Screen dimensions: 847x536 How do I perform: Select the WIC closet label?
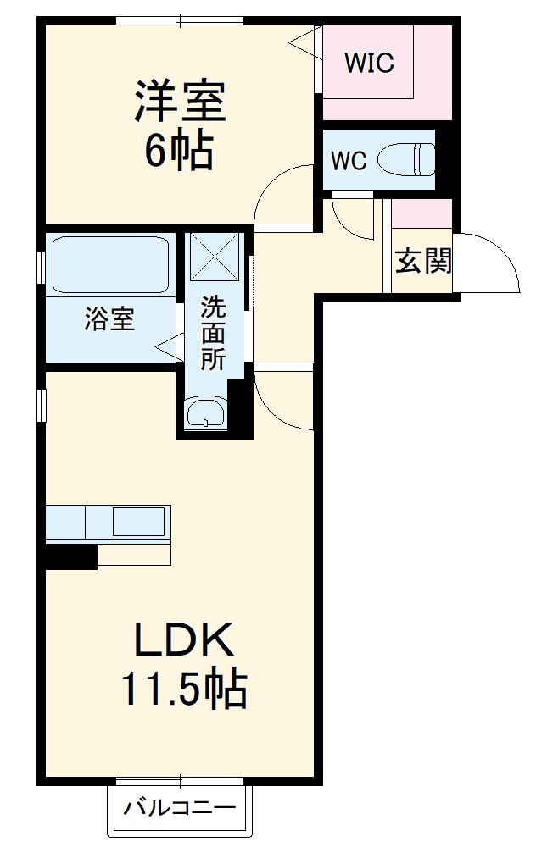point(369,64)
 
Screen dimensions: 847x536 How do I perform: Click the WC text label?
point(349,161)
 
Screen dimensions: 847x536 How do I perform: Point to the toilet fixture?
point(406,159)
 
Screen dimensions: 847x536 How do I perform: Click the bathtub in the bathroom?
point(110,265)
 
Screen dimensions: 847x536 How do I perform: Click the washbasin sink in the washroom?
point(205,414)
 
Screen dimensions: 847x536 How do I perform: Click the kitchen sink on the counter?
point(138,521)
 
